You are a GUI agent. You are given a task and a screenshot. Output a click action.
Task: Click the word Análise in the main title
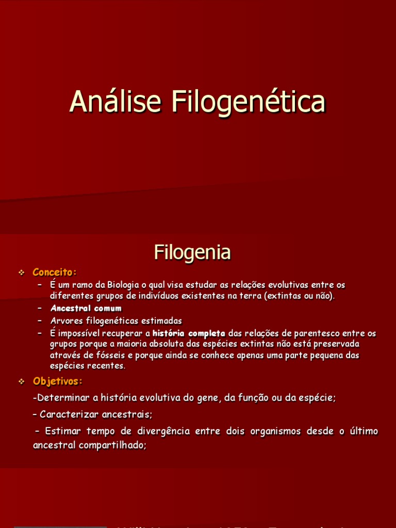[x=117, y=102]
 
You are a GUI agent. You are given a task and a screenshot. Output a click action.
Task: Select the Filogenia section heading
[x=192, y=253]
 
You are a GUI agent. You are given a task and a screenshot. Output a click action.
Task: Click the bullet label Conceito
[x=54, y=272]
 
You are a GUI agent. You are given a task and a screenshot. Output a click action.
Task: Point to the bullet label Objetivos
[x=57, y=382]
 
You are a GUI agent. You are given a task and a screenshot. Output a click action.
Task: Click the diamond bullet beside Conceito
[x=22, y=272]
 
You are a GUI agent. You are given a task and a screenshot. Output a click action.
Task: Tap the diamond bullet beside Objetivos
[x=22, y=382]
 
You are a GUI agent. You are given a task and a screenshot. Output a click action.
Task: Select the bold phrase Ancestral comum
[x=86, y=308]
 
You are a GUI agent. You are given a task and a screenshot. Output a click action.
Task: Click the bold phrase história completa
[x=189, y=333]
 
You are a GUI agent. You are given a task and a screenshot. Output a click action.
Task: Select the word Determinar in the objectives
[x=62, y=398]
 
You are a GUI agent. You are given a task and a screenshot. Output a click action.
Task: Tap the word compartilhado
[x=113, y=445]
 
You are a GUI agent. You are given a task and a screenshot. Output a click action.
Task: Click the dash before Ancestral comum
[x=40, y=308]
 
